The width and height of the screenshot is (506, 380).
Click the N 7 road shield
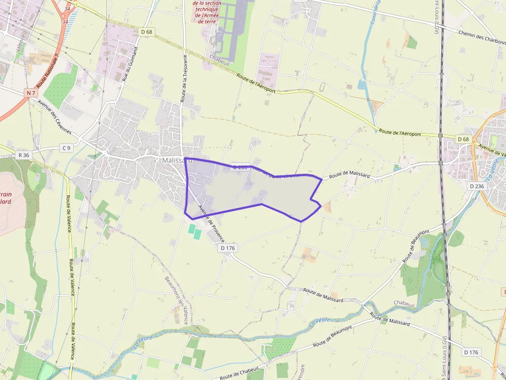(x=31, y=93)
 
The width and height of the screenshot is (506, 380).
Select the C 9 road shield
(x=66, y=148)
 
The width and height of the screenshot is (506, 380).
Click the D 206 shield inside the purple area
(x=240, y=167)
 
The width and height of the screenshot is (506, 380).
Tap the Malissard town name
(x=177, y=160)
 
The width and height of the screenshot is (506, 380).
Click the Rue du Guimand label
(x=130, y=64)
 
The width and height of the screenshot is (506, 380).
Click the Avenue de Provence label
(x=212, y=224)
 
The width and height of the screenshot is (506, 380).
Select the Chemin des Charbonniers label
(x=481, y=38)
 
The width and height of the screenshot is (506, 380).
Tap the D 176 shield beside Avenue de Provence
(x=228, y=248)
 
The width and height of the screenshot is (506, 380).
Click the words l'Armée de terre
(x=207, y=19)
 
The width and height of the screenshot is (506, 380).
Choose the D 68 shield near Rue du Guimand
(x=147, y=32)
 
